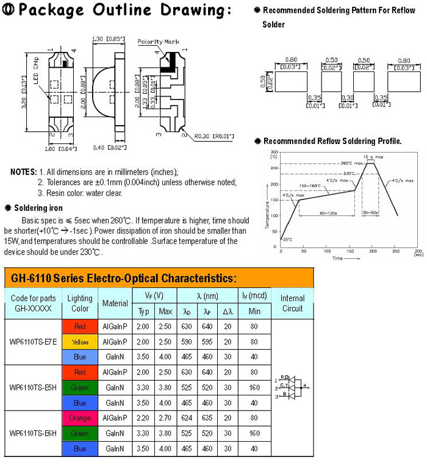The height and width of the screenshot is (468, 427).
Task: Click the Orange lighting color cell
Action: click(x=80, y=419)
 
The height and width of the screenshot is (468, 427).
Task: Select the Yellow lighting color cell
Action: click(x=80, y=342)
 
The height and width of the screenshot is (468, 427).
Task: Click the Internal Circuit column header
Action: click(x=292, y=303)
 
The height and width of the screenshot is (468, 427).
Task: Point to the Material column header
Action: click(x=115, y=303)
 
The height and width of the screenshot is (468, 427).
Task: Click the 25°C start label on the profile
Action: click(x=287, y=240)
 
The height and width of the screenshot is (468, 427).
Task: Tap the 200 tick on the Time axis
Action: click(x=372, y=251)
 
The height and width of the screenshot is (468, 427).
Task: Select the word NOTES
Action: click(x=24, y=171)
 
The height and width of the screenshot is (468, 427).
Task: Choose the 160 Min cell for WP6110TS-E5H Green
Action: click(x=253, y=387)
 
